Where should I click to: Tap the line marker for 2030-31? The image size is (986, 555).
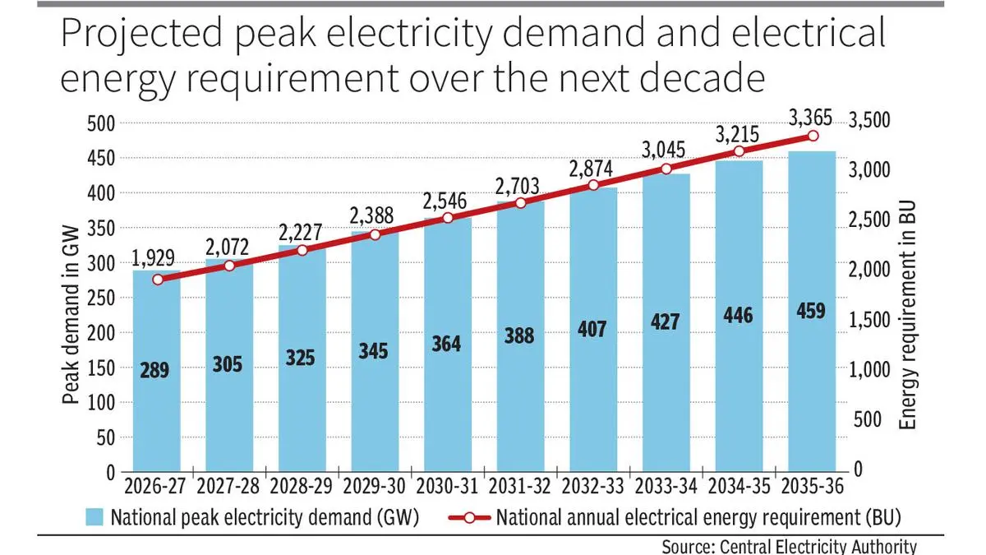tap(448, 218)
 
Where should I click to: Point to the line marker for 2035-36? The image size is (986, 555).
tap(813, 136)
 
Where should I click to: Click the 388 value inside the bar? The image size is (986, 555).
tap(519, 335)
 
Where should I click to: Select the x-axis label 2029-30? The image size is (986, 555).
tap(374, 487)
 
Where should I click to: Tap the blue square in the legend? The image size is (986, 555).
tap(94, 517)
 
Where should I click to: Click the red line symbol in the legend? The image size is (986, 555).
tap(469, 517)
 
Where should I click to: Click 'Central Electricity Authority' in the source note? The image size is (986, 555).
tap(821, 546)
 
